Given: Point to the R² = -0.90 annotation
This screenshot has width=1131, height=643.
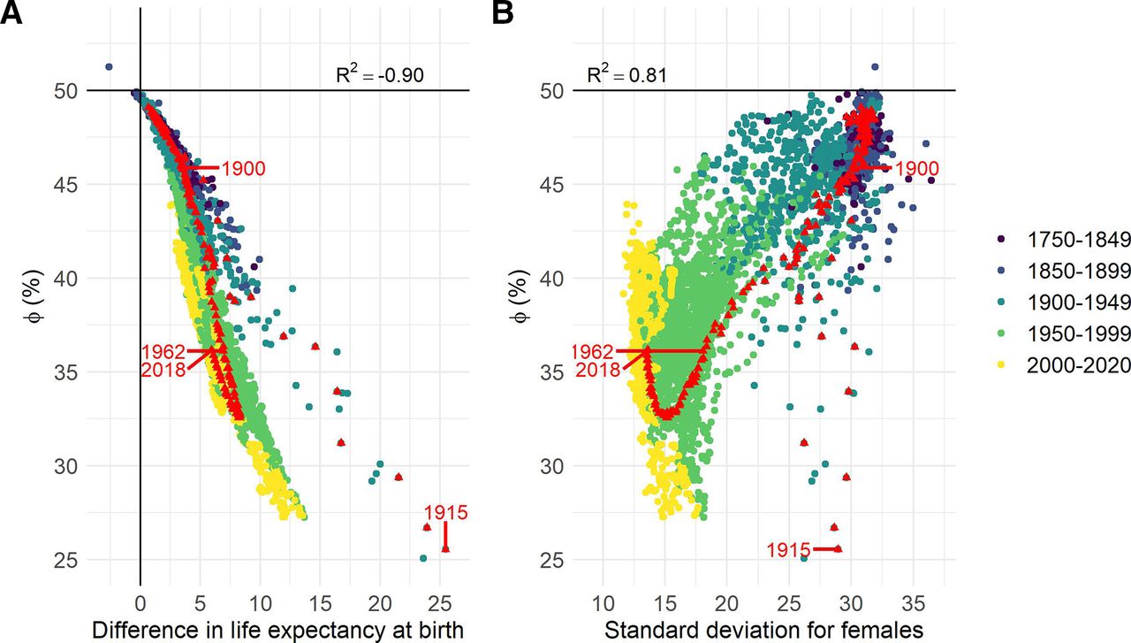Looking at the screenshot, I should [x=380, y=75].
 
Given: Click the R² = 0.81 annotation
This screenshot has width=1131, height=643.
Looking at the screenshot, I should [x=627, y=75].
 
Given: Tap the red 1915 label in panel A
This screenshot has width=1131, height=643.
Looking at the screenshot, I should [x=445, y=512].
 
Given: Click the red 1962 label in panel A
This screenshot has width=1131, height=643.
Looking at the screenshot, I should [x=163, y=352].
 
